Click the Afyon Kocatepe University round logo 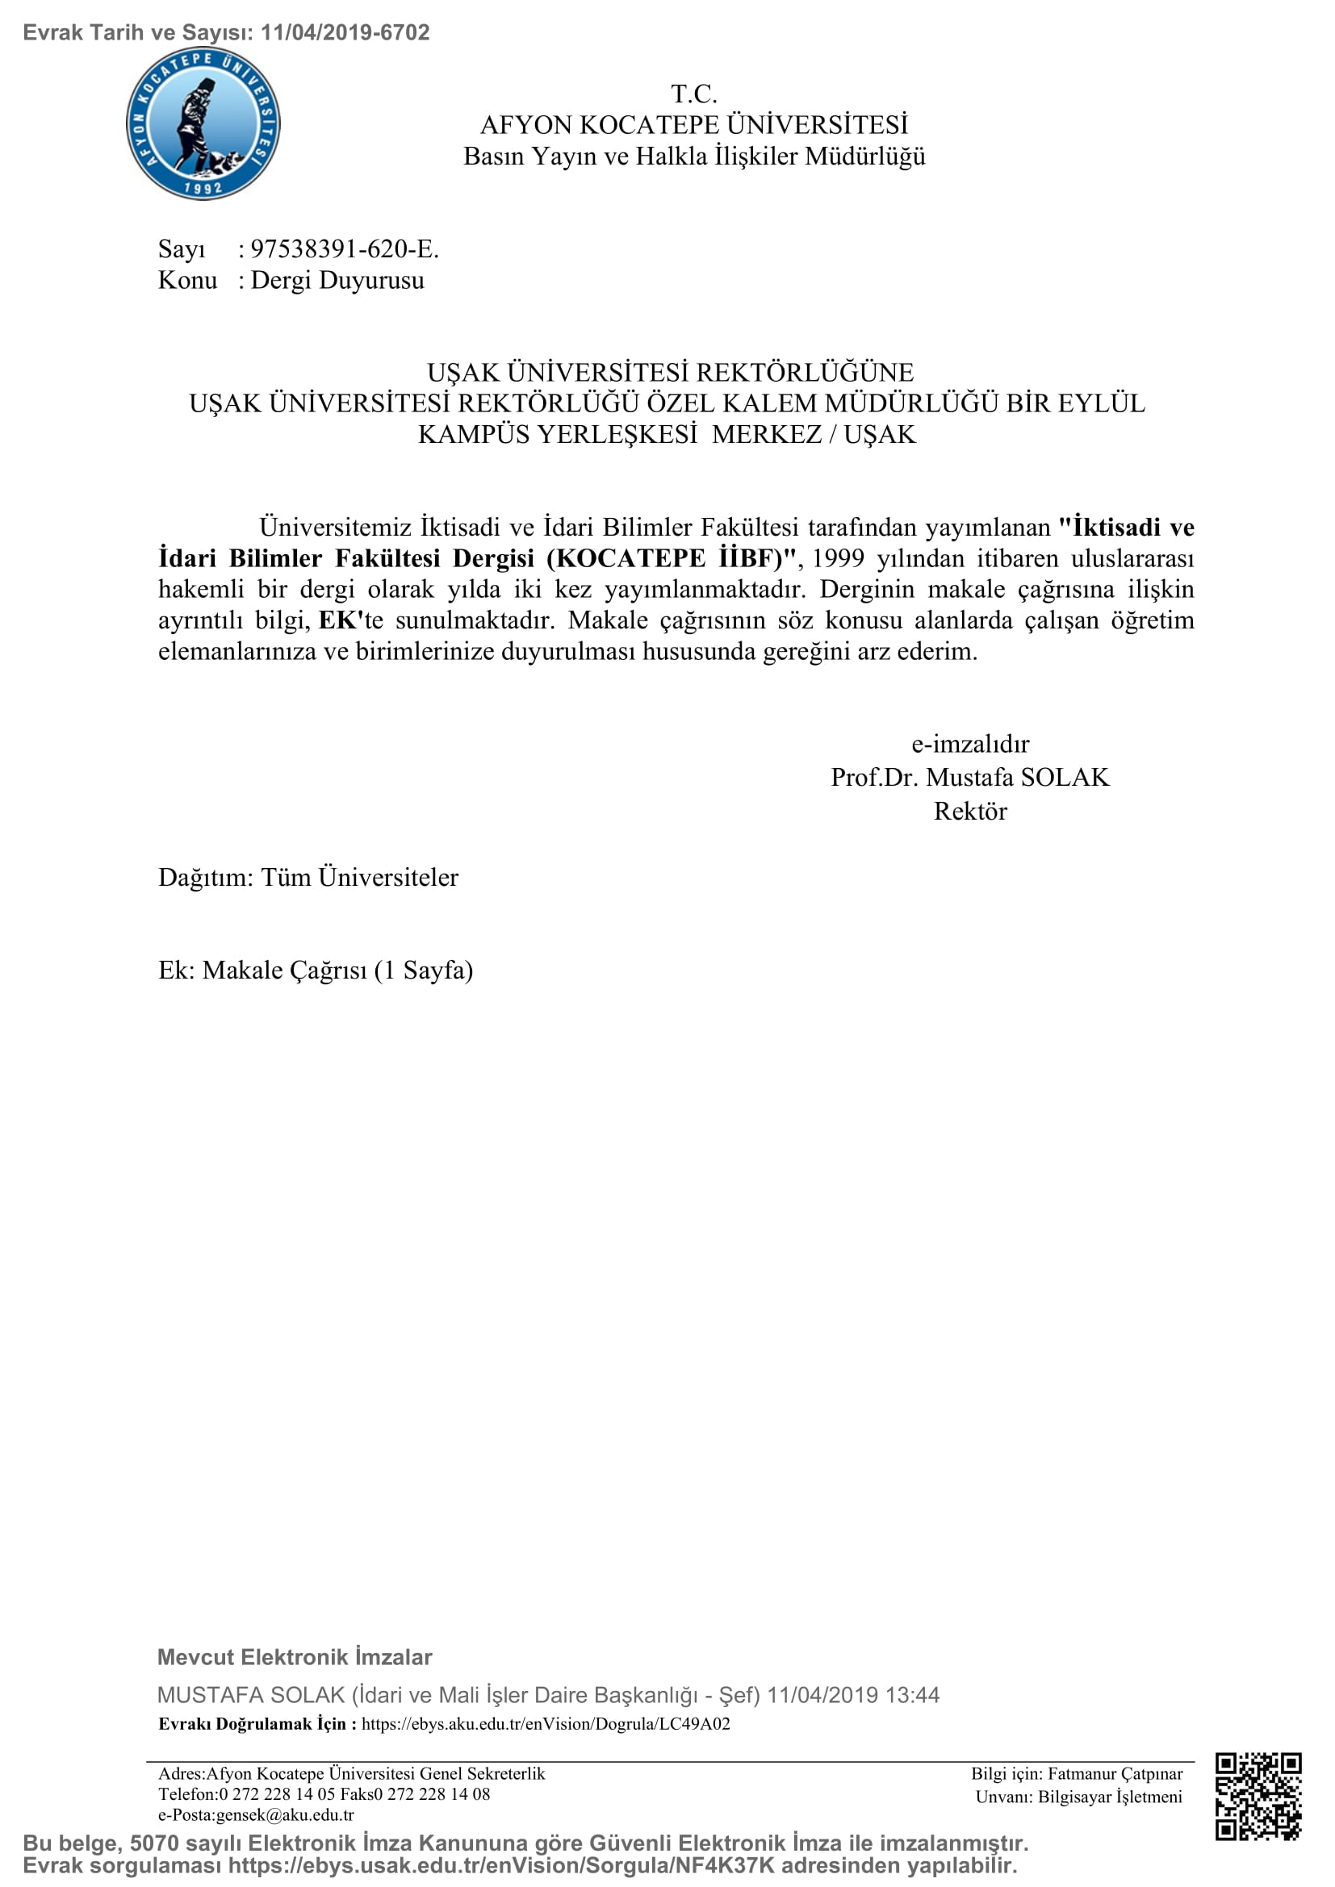203,123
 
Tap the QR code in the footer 1258,1796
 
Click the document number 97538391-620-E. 345,248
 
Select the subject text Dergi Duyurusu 337,280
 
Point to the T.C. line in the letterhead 694,94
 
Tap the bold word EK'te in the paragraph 350,620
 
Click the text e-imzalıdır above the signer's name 970,744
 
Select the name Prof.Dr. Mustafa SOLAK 970,778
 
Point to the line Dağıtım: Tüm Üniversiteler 308,878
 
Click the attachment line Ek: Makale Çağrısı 316,971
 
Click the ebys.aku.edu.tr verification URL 546,1724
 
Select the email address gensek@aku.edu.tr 284,1814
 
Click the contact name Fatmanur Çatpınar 1115,1774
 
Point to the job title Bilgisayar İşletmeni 1110,1797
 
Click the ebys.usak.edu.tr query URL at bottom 501,1867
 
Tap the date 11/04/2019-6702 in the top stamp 345,33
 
